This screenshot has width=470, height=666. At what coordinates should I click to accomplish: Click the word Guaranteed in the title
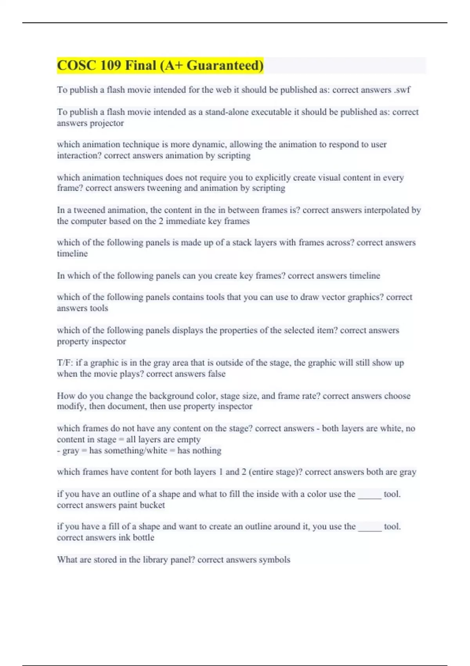[225, 65]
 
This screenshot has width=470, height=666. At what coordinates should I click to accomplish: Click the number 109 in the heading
[110, 65]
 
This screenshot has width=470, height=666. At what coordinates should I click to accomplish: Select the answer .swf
[401, 90]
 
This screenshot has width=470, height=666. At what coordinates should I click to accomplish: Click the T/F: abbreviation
[65, 363]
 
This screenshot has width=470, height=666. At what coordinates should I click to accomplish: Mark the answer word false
[217, 374]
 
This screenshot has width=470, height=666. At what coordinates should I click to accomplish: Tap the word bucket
[152, 505]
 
